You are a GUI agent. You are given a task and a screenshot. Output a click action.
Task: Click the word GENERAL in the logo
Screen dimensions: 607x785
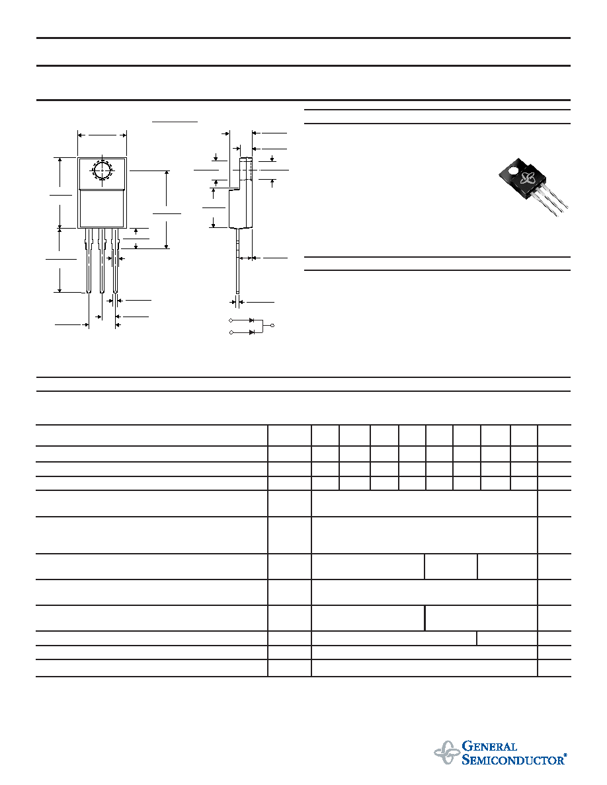pos(489,747)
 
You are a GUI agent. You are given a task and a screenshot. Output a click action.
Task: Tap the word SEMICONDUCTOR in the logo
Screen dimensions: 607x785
pos(512,760)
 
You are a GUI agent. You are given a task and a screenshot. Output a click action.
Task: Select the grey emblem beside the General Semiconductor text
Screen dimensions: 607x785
pos(447,753)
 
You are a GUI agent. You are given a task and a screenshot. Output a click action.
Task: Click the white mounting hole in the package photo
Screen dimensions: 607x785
pos(513,171)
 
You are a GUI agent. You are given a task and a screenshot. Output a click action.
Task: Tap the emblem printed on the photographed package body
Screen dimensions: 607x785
pos(528,178)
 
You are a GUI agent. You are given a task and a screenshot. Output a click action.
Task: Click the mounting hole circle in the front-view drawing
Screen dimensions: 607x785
pos(102,170)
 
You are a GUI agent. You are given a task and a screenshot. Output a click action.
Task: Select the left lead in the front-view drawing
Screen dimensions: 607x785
pos(89,260)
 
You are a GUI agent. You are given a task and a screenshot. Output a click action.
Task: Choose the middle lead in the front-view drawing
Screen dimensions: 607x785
pos(102,260)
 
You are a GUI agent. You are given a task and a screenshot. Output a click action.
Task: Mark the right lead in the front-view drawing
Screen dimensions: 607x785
pos(115,260)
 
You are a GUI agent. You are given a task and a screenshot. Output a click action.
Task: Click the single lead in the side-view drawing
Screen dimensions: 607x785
pos(237,260)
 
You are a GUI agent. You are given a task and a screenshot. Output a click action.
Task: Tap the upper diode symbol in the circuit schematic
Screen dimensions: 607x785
pos(252,320)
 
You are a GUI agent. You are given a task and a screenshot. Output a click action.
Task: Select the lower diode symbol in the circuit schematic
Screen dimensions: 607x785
pos(252,332)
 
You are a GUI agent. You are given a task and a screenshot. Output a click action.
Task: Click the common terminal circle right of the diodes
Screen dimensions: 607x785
pos(272,326)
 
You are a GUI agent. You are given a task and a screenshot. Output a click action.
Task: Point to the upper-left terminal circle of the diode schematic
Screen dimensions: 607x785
pos(231,320)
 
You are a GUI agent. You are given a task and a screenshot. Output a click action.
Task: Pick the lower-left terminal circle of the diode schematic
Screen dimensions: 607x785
pos(231,332)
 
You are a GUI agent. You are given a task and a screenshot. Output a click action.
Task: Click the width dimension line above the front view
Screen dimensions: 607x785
pos(102,135)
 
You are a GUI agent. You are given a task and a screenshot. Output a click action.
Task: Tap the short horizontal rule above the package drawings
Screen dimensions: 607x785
pos(175,121)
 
